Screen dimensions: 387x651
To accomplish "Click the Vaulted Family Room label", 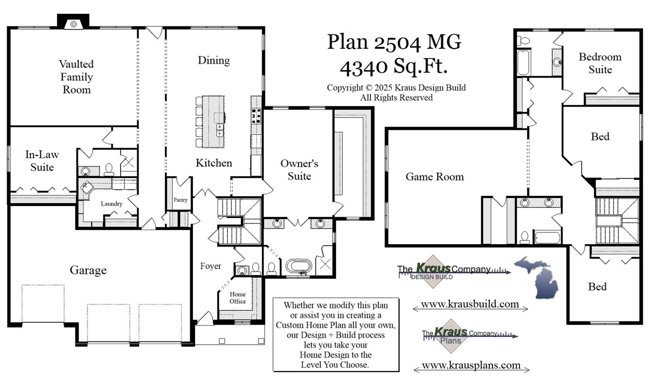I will [76, 77].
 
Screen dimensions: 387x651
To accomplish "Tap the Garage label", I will [88, 270].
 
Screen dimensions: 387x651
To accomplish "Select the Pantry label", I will [180, 200].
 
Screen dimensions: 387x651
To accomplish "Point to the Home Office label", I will [237, 298].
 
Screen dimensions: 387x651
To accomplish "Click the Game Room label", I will [435, 177].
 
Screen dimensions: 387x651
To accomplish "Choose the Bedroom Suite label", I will [600, 63].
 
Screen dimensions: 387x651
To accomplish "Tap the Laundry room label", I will [111, 204].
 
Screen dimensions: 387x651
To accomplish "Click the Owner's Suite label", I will [299, 170].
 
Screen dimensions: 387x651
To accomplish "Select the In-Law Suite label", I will [42, 161].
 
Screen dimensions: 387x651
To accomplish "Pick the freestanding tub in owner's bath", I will [298, 266].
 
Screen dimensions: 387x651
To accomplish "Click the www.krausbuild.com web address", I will [470, 304].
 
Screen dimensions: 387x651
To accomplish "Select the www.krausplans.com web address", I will [471, 365].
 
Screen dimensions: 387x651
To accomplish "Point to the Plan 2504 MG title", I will [394, 42].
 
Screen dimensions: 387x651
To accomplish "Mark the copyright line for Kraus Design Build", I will [396, 88].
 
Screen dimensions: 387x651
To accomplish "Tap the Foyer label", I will [210, 266].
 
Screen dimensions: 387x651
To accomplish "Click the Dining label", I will [214, 60].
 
